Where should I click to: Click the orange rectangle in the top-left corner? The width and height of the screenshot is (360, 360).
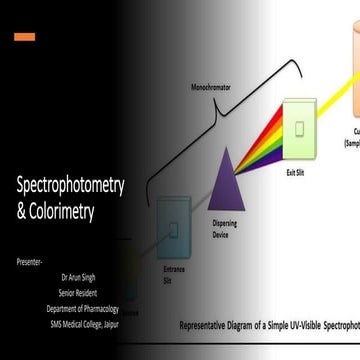point(24,37)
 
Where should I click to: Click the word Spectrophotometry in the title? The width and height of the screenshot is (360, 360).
point(70,186)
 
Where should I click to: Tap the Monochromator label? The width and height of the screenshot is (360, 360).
point(210,86)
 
